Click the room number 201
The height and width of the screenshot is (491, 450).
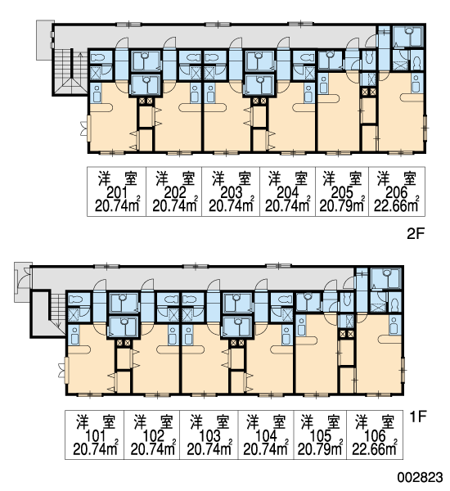pos(116,192)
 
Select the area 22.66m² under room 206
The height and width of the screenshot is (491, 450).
pos(397,205)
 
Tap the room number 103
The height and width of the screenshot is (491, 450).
pos(209,436)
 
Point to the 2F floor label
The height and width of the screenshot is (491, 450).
pos(416,233)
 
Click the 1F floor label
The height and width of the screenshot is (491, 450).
pos(418,417)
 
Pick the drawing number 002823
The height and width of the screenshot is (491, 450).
pos(421,478)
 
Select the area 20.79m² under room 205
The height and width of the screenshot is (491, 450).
pos(342,205)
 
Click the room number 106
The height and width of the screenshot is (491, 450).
pos(376,436)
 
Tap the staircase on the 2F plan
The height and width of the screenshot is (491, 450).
pos(70,71)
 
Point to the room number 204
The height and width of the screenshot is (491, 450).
pos(288,192)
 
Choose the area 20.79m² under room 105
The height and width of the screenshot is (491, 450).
pos(320,449)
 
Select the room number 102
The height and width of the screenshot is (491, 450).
pos(154,436)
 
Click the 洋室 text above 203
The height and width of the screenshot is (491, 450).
pos(232,178)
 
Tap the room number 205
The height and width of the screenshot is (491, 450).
pos(342,192)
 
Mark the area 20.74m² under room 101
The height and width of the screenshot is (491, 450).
pos(96,449)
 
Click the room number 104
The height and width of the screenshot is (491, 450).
pos(267,436)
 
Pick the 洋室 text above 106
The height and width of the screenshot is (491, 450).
pos(375,421)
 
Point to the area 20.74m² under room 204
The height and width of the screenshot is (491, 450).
pos(287,205)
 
